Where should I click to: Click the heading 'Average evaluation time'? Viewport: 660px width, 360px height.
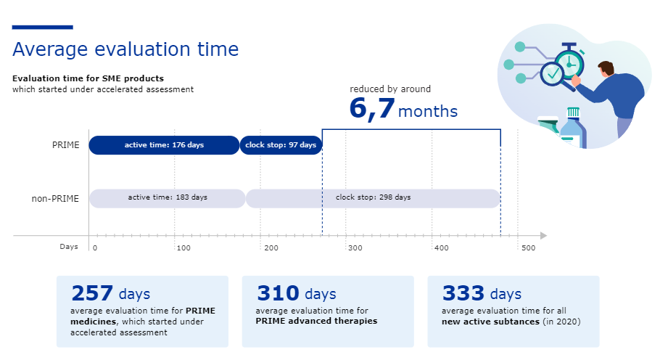(125, 49)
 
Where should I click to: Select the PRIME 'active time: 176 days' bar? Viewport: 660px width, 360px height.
(164, 145)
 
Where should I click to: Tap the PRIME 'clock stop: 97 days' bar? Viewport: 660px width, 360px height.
(281, 145)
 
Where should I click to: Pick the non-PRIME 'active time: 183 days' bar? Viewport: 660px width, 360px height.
(168, 197)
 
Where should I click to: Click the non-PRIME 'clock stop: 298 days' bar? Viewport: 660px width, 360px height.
(373, 197)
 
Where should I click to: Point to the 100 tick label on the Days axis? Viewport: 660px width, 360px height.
(183, 249)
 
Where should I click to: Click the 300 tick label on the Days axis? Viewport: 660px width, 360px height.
(354, 249)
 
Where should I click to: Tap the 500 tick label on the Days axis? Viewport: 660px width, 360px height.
(528, 249)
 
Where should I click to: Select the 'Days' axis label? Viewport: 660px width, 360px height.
(68, 247)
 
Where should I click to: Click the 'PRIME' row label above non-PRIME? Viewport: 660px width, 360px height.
(65, 145)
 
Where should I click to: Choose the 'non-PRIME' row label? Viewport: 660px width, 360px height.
(55, 197)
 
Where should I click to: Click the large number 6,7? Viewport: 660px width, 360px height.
(372, 109)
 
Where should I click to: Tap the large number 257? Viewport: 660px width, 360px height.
(92, 293)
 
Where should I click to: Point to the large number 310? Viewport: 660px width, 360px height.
(278, 293)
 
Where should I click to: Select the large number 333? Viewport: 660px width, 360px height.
(463, 293)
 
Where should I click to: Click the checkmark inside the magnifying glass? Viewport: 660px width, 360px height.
(553, 73)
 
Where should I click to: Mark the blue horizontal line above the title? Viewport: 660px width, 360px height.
(43, 28)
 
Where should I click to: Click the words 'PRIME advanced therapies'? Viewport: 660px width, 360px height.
(316, 321)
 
